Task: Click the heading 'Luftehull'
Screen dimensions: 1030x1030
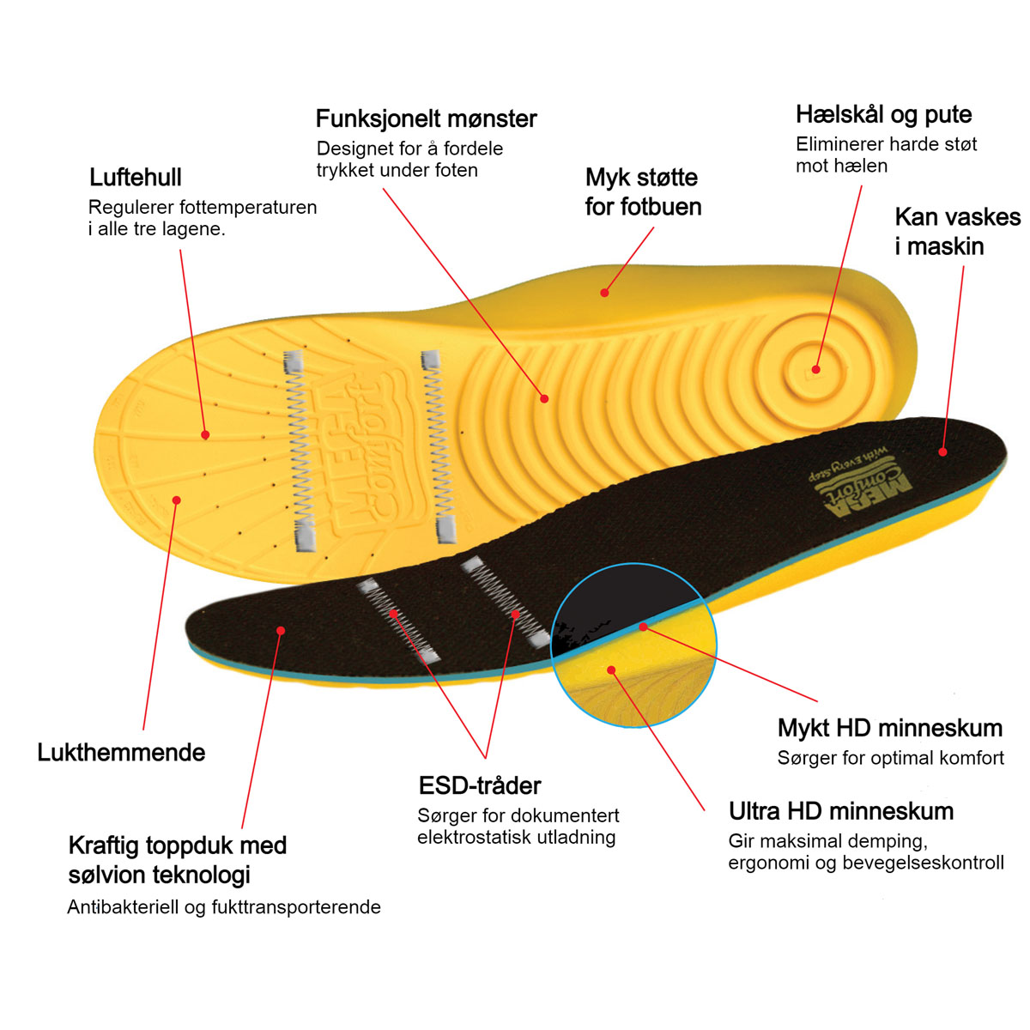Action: click(136, 178)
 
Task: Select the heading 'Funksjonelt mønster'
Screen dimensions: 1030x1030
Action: click(426, 118)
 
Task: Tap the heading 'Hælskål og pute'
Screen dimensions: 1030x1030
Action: click(883, 115)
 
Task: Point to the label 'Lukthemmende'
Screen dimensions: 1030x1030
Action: click(121, 753)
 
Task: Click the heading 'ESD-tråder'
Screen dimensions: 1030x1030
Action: click(480, 785)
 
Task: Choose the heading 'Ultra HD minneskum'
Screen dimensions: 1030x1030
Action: click(841, 811)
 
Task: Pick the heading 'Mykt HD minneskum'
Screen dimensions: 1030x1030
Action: click(890, 728)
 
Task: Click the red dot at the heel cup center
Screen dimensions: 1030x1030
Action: click(815, 369)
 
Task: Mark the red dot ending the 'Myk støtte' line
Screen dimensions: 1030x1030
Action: click(604, 293)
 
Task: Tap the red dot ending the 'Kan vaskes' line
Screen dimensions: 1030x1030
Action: click(942, 451)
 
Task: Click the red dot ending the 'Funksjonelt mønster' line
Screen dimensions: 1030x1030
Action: click(544, 398)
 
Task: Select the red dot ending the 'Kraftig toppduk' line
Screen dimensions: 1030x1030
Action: click(281, 631)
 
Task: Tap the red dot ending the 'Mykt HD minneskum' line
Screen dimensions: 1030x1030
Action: click(644, 627)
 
